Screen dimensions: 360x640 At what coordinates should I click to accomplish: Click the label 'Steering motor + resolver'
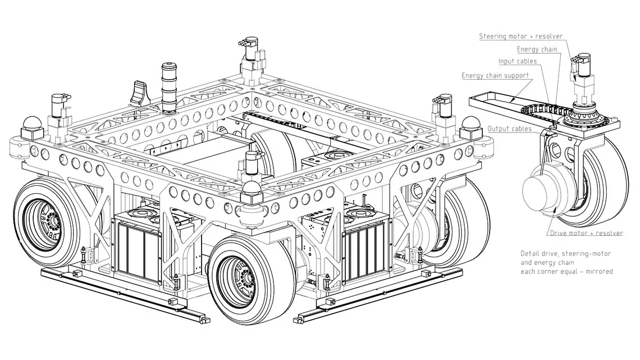click(520, 37)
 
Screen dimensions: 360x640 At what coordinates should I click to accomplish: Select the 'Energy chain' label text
click(537, 49)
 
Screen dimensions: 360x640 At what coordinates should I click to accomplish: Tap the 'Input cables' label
click(517, 61)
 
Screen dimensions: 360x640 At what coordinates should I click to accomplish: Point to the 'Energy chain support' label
click(495, 75)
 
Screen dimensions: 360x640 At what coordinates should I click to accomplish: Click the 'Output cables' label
click(510, 129)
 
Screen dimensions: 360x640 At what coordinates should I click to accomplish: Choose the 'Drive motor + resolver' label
click(586, 233)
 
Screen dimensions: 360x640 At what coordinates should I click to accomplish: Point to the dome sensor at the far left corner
click(32, 123)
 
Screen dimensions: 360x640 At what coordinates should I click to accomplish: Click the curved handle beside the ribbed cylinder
click(139, 93)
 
